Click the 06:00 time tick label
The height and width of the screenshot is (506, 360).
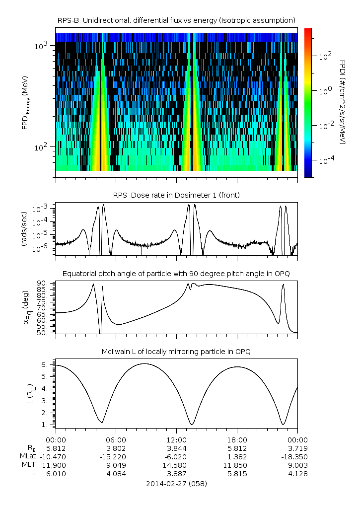116,439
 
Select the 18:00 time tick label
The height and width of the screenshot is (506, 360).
237,439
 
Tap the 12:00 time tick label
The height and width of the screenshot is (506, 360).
176,439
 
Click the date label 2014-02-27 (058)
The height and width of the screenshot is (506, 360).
176,483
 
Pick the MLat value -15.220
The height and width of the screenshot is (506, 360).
116,456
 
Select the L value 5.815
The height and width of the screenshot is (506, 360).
237,474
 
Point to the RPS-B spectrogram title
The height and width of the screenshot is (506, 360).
176,20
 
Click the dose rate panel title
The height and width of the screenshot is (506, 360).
176,195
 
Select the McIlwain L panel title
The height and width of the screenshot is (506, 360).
176,352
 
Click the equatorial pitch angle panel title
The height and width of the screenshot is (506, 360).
176,274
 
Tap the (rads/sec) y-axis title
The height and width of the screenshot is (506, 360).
24,229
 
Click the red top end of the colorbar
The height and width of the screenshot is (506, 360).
308,31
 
